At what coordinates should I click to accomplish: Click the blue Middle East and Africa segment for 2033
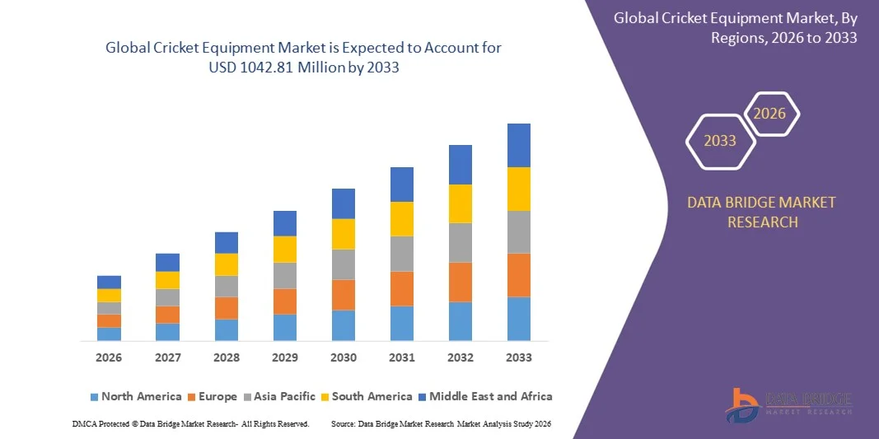518,145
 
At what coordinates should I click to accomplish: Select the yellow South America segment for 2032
460,203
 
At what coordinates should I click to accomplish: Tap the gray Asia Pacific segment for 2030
343,264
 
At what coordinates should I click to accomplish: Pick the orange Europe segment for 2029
284,301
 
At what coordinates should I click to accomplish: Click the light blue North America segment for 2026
109,334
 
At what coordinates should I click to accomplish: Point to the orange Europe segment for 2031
401,288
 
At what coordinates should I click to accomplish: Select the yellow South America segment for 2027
167,280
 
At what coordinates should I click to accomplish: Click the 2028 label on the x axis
226,357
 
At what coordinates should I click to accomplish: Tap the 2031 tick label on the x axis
401,357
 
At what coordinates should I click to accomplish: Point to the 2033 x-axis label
518,357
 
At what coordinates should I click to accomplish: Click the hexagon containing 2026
770,114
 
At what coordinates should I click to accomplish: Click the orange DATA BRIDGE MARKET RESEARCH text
761,212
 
